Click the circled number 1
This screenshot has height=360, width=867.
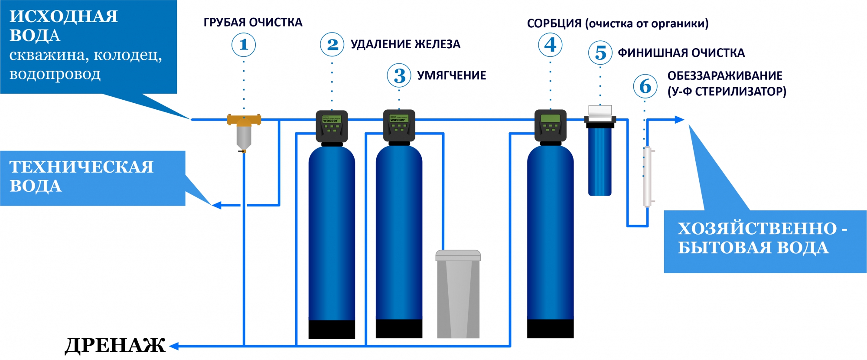click(x=244, y=45)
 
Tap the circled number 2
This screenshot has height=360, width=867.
click(x=332, y=44)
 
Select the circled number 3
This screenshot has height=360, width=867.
click(x=399, y=75)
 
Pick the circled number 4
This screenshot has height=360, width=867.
click(x=550, y=45)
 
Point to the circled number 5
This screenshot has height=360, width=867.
click(x=600, y=53)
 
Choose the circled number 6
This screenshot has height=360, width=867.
click(x=645, y=86)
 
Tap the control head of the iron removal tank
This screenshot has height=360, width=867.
click(x=332, y=127)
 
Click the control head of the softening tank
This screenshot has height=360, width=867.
click(x=399, y=126)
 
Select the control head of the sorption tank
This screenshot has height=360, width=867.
click(x=551, y=126)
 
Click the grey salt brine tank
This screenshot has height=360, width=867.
click(x=458, y=294)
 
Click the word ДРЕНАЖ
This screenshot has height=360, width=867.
click(x=115, y=346)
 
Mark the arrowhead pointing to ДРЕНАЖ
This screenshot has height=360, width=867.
click(x=174, y=346)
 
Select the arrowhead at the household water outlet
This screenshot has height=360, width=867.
click(x=680, y=120)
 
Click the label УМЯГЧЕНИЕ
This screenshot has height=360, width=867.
click(x=452, y=75)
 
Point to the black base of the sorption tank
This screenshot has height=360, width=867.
click(x=551, y=329)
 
